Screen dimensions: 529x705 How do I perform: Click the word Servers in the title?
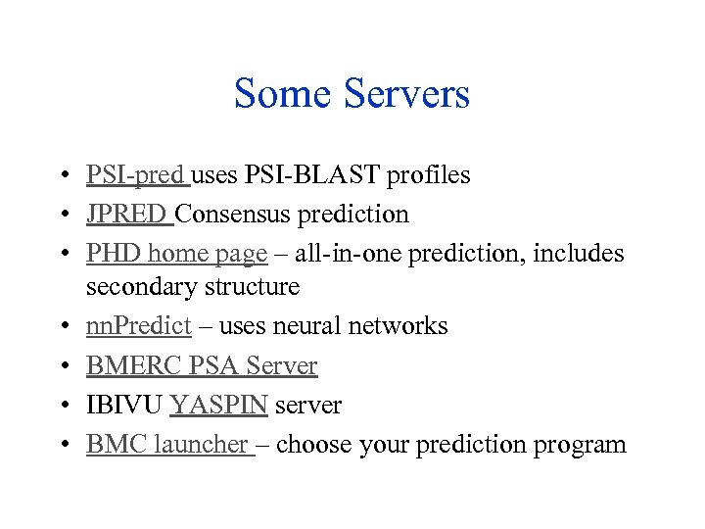tap(406, 94)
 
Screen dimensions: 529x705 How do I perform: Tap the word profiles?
tap(429, 175)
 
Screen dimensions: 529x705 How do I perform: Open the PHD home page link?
tap(176, 254)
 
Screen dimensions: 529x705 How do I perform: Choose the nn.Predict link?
tap(138, 326)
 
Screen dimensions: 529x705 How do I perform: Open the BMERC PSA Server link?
tap(202, 365)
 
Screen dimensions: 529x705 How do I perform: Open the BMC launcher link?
tap(167, 445)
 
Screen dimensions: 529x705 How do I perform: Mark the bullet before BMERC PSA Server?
tap(62, 366)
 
